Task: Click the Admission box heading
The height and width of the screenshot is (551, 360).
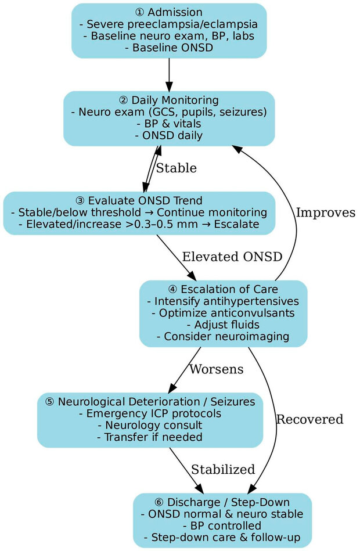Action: [169, 12]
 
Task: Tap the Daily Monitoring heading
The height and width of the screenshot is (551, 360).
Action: [169, 100]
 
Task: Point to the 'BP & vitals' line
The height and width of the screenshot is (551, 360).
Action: [169, 124]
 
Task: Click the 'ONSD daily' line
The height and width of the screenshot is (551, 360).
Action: [169, 136]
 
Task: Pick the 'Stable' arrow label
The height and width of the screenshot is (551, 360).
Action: [176, 168]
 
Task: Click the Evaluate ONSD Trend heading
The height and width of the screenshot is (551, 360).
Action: [139, 200]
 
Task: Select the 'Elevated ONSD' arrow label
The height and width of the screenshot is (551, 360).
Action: [232, 257]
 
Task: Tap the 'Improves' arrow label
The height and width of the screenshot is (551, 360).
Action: [325, 213]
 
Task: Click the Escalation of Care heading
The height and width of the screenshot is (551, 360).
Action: [223, 289]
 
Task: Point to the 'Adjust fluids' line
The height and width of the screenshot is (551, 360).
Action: [223, 325]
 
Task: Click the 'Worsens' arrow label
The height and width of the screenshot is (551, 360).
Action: [216, 369]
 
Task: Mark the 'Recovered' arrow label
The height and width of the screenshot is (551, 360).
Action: [309, 419]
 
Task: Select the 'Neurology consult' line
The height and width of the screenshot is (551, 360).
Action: [150, 426]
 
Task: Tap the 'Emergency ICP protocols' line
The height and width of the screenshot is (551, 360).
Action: [150, 414]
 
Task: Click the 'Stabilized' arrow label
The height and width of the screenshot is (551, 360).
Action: [223, 469]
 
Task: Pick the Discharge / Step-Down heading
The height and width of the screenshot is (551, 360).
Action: [222, 502]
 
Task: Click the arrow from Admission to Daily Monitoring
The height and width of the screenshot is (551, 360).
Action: [169, 74]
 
